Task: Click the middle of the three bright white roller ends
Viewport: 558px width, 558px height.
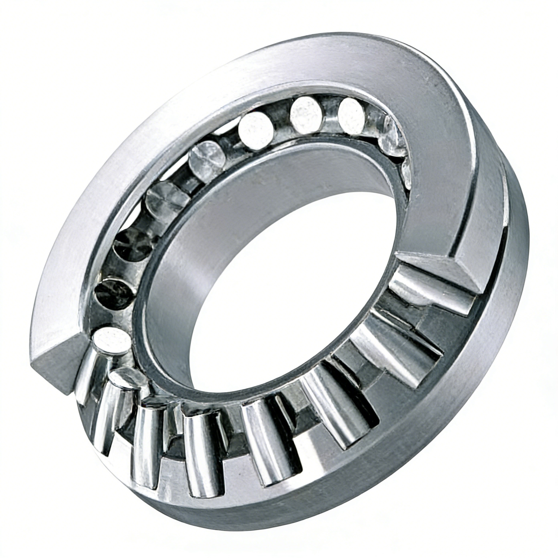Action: (306, 114)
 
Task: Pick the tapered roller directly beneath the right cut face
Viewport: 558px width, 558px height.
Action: (427, 292)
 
